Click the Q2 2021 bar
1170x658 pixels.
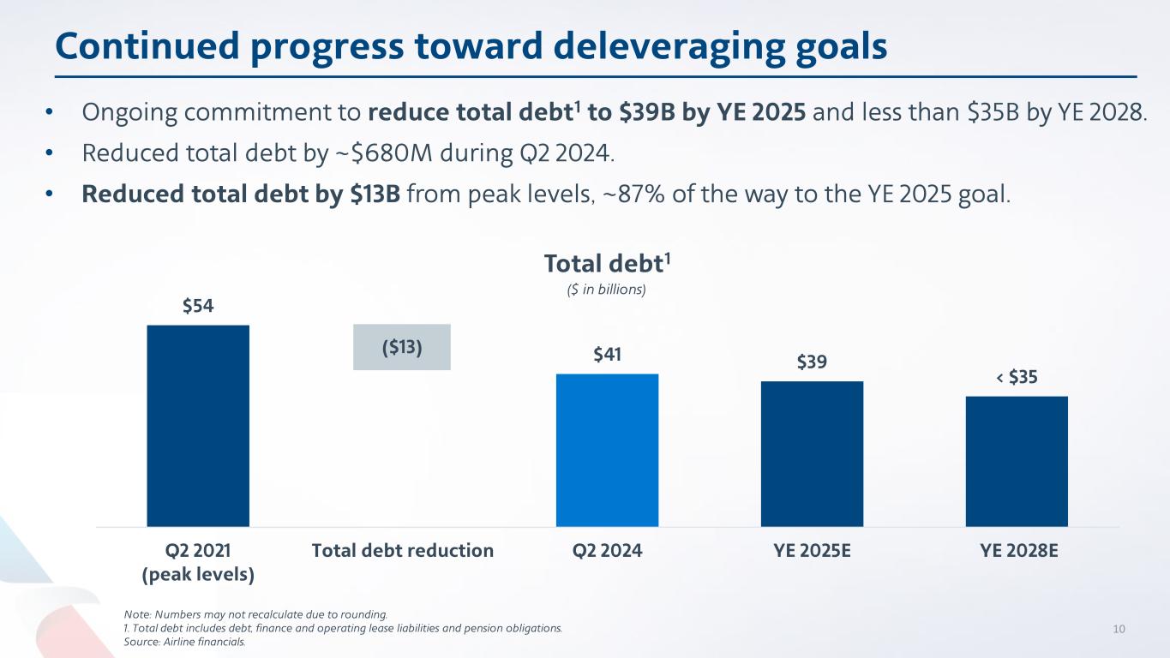tap(198, 425)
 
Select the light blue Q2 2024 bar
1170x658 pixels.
tap(607, 450)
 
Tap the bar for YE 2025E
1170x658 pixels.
tap(812, 453)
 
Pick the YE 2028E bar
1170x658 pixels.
tap(1017, 461)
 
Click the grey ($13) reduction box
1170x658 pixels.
tap(402, 347)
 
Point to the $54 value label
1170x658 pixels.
tap(198, 307)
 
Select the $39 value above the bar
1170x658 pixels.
tap(812, 362)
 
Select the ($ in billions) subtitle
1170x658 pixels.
tap(597, 290)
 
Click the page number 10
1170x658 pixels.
tap(1118, 629)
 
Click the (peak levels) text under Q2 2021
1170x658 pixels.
tap(198, 574)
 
